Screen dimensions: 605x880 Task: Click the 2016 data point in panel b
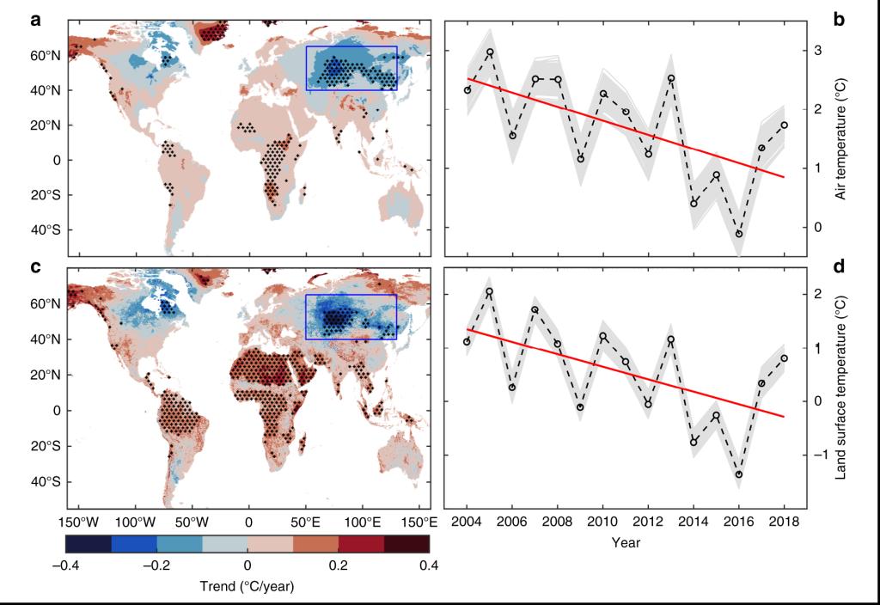pos(739,234)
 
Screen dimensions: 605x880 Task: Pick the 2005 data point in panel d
pos(490,292)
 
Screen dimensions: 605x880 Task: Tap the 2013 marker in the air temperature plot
pos(671,79)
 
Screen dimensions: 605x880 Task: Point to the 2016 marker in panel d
pos(739,474)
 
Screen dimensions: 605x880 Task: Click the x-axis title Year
pos(625,543)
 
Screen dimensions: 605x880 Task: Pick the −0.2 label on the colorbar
pos(156,565)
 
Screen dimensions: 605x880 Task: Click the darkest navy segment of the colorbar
pos(89,543)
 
